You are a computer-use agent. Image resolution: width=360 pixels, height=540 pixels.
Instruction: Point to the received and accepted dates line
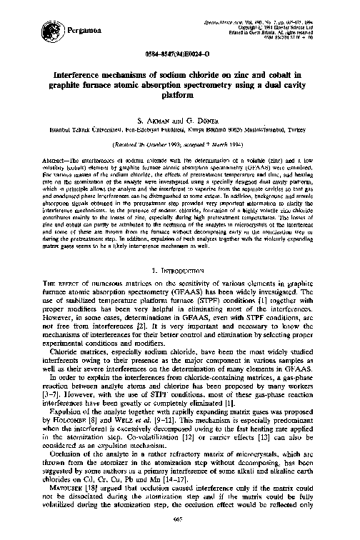coord(180,144)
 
